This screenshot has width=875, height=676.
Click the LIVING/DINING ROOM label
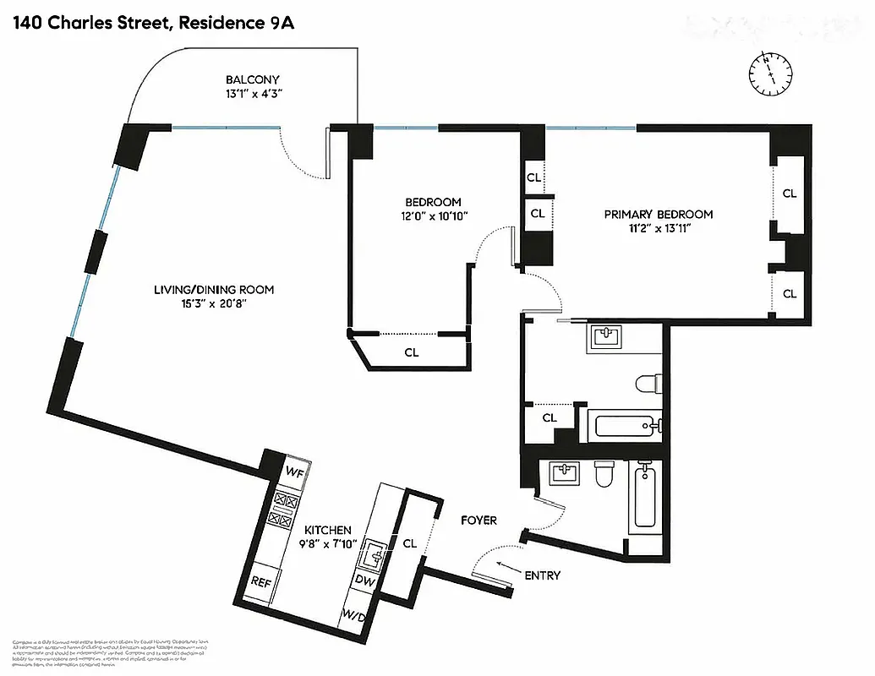point(214,290)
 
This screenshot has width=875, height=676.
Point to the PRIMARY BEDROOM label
point(658,215)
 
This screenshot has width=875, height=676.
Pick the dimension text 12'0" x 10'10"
point(433,216)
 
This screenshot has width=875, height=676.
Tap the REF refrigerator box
point(261,581)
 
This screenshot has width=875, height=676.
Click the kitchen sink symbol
point(373,555)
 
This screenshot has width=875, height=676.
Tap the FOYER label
point(479,521)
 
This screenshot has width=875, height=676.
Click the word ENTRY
point(542,575)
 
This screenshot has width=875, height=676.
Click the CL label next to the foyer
point(410,543)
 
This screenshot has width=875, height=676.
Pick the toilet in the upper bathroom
point(646,384)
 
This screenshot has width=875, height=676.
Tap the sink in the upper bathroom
point(604,337)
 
